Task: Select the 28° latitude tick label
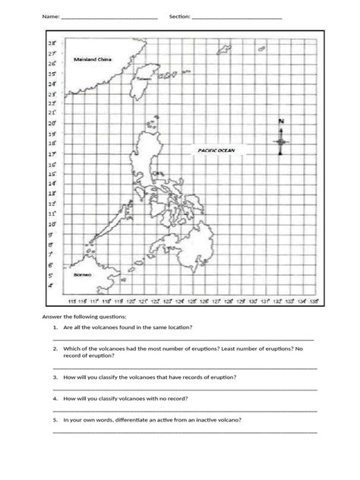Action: point(53,45)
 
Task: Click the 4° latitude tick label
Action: point(52,287)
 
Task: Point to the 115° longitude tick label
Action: point(71,302)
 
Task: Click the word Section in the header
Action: point(181,16)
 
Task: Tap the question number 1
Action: point(55,327)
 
